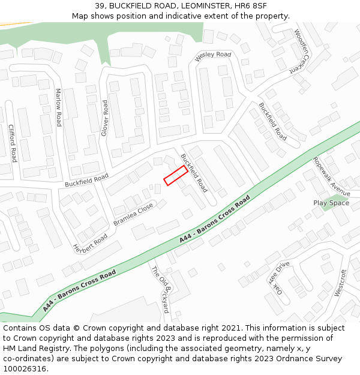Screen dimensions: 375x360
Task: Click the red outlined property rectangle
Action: tap(175, 175)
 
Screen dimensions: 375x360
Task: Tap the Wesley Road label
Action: tap(213, 55)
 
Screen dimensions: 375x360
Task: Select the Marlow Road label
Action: tap(58, 107)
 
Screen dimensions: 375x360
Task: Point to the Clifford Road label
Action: tap(12, 143)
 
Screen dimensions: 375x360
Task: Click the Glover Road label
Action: tap(104, 118)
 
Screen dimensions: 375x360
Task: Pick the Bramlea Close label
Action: tap(133, 214)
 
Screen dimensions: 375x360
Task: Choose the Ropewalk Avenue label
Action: tap(331, 176)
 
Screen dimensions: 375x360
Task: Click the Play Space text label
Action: tap(331, 203)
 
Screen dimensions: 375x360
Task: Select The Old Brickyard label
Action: tap(160, 290)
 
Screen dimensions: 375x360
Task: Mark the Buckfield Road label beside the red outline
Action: tap(194, 172)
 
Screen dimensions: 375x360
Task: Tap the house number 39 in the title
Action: tap(99, 5)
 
